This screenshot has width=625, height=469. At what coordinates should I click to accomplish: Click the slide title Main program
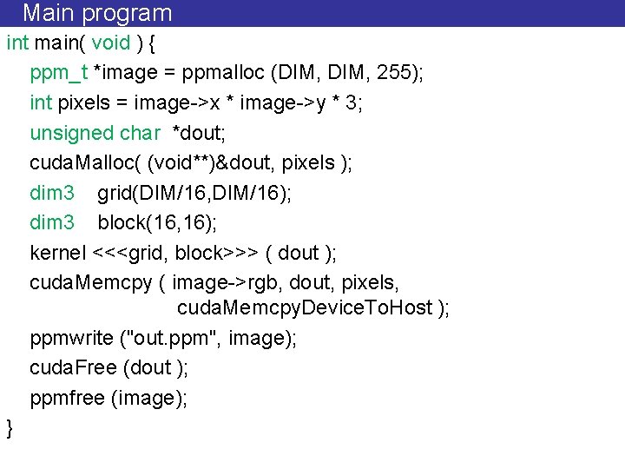coord(97,13)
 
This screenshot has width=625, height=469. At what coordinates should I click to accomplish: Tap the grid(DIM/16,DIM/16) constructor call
coord(194,193)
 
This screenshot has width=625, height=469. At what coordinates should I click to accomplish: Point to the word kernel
coord(57,253)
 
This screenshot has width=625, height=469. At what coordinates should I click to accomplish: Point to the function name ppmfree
coord(68,398)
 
